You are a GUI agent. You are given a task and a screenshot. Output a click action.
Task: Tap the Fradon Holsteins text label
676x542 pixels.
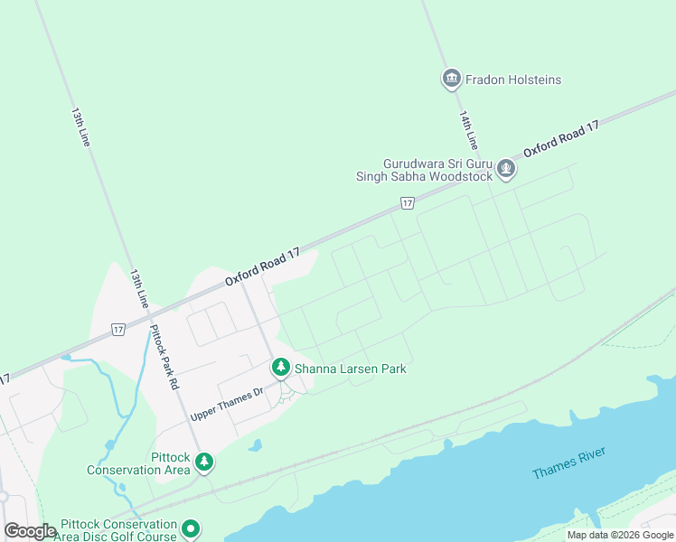[512, 79]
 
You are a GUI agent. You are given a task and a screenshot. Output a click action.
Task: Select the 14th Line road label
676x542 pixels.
[467, 131]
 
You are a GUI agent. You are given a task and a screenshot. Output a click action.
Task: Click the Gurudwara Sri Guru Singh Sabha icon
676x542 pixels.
[506, 169]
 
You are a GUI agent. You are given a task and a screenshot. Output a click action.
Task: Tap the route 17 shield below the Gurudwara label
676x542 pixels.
[408, 203]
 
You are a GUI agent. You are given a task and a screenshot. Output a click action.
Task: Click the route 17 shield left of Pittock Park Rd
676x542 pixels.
[117, 330]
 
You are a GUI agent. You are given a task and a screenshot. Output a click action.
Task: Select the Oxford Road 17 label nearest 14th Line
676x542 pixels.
[560, 140]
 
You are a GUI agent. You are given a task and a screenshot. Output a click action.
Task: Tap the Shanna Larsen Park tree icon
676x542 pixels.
[281, 369]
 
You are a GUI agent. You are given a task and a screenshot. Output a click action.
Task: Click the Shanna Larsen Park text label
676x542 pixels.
[351, 369]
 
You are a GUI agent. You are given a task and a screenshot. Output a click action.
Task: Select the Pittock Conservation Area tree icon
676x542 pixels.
[205, 463]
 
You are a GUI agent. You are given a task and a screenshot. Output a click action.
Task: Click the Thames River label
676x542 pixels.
[568, 464]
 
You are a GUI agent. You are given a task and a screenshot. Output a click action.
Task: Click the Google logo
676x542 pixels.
[30, 531]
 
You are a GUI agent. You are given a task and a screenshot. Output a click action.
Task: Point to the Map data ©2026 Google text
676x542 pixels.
[619, 535]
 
